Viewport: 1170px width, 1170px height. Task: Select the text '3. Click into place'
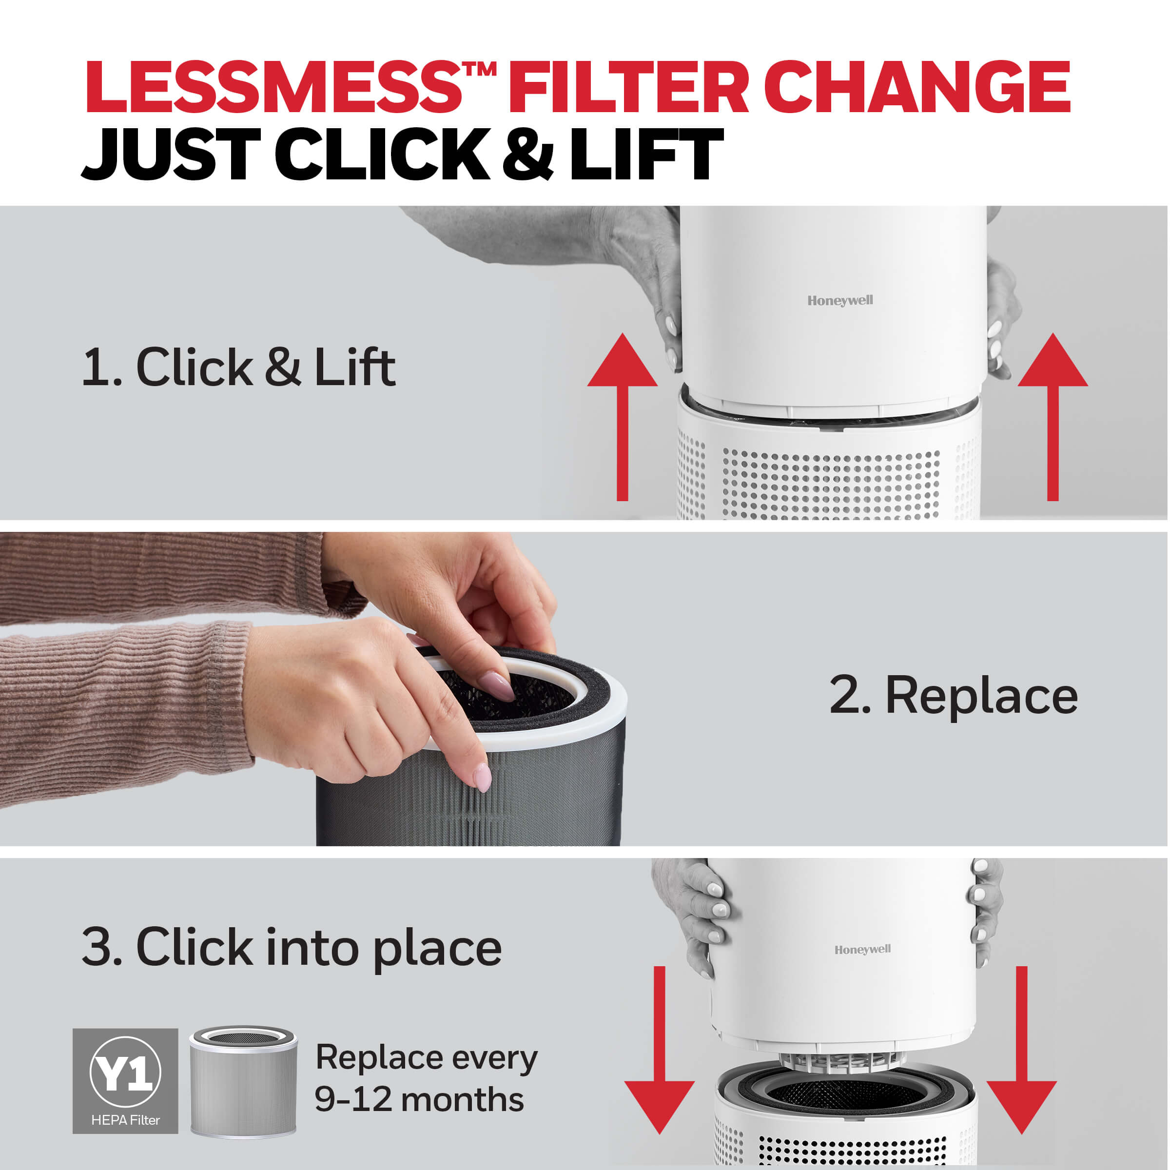(x=292, y=948)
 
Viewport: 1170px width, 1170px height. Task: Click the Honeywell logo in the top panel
(x=840, y=300)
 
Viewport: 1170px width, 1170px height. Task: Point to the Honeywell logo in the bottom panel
(x=862, y=949)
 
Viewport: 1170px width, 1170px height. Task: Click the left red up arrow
(x=622, y=417)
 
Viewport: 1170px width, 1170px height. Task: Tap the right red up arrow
(x=1053, y=417)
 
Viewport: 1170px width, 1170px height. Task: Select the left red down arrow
(x=660, y=1050)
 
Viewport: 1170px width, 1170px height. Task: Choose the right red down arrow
(x=1022, y=1050)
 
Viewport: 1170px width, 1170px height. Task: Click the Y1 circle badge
(x=125, y=1072)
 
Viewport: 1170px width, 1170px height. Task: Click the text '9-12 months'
(x=419, y=1099)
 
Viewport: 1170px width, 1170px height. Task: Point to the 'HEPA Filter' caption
(x=125, y=1120)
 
